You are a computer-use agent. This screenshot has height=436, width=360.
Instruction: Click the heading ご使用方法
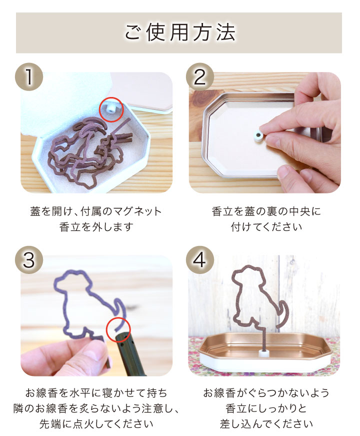(179, 32)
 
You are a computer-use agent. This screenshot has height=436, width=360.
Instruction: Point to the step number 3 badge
(29, 259)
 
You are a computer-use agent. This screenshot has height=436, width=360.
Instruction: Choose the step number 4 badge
(200, 259)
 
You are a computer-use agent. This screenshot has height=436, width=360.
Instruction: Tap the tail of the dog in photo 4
(282, 313)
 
